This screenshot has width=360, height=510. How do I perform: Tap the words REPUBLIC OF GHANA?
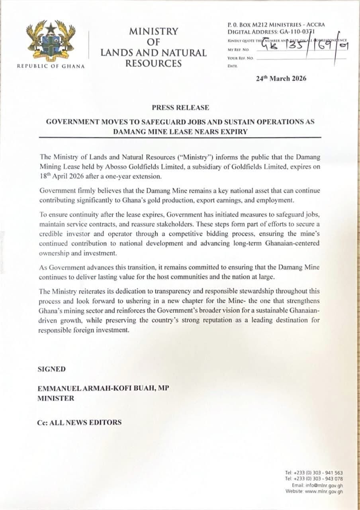point(51,66)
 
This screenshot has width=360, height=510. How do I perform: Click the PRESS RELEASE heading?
point(180,108)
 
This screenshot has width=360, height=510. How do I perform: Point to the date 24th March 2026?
point(281,78)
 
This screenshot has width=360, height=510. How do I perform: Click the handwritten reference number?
point(303,47)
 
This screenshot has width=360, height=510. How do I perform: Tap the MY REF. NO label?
point(238,50)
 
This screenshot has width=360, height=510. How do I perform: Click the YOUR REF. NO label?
point(240,58)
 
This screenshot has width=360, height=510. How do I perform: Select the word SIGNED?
point(51,369)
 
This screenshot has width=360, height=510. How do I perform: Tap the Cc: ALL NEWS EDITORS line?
point(79,422)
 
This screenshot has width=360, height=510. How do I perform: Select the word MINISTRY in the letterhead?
point(153,31)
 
